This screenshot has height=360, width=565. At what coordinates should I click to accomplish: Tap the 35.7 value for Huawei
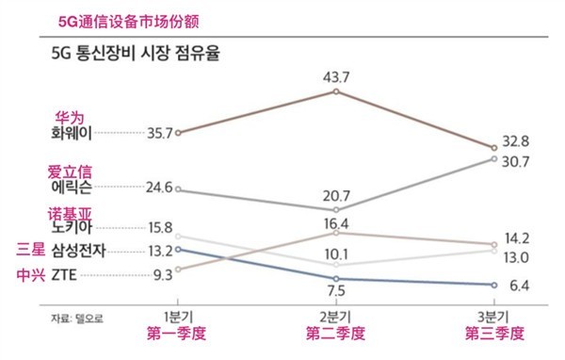[x=160, y=133]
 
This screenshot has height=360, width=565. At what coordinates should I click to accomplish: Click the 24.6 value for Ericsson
[x=160, y=188]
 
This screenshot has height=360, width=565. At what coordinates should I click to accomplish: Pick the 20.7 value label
[x=337, y=194]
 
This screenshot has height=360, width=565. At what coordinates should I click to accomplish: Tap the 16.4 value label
[x=337, y=223]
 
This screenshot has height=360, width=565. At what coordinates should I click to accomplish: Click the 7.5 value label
[x=337, y=290]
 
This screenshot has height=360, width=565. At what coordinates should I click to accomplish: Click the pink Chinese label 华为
[x=71, y=117]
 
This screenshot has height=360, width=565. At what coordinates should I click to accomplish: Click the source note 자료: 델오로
[x=78, y=318]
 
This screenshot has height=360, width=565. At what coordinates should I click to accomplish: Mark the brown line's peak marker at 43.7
[x=336, y=91]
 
